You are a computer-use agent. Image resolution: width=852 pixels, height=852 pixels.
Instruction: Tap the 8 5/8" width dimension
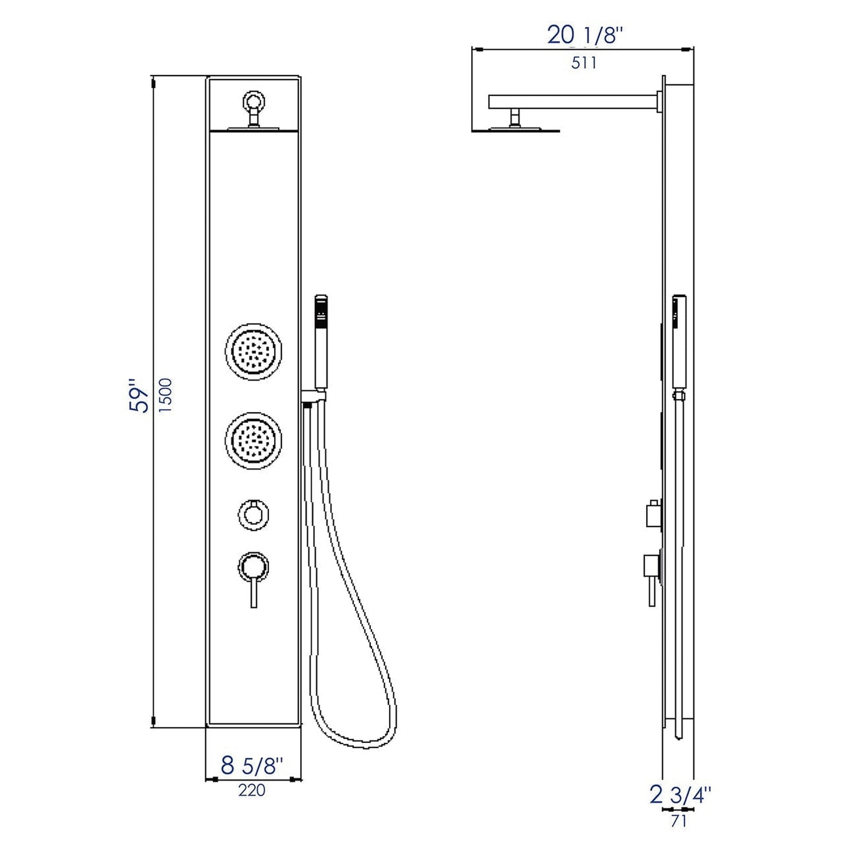click(x=252, y=766)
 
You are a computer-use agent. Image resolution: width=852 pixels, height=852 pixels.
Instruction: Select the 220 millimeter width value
click(x=252, y=790)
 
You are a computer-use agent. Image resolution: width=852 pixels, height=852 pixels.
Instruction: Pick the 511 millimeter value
click(x=584, y=62)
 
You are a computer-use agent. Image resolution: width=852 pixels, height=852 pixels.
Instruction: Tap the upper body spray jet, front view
click(x=254, y=352)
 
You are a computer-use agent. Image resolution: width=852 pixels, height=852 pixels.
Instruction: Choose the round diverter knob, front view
click(x=253, y=512)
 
